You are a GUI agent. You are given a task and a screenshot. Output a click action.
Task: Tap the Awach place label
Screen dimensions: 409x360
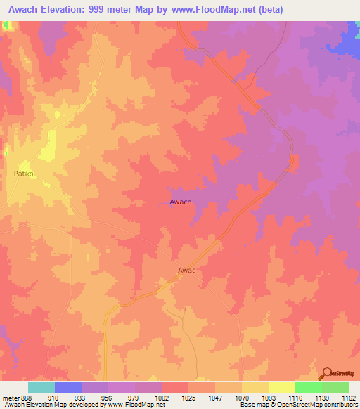coord(181,202)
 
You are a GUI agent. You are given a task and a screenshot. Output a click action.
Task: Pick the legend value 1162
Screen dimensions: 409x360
coord(349,397)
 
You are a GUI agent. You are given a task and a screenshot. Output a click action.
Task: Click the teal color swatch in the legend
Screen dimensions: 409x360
coord(41,387)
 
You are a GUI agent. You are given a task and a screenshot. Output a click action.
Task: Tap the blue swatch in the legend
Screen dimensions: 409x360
coord(68,387)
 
